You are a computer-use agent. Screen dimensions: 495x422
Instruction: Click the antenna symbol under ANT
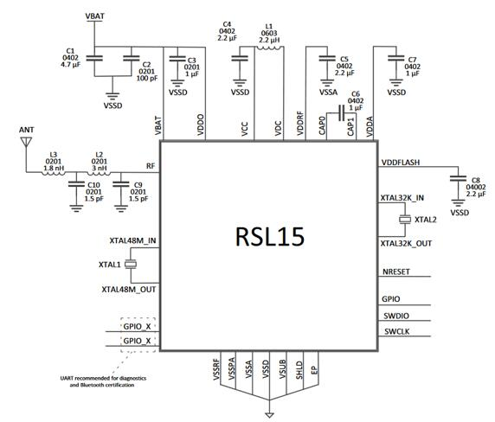pyautogui.click(x=26, y=142)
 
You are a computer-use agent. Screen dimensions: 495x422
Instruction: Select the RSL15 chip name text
pyautogui.click(x=270, y=237)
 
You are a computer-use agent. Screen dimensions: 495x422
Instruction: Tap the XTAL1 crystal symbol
pyautogui.click(x=131, y=265)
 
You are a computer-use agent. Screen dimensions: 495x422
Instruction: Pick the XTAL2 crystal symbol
pyautogui.click(x=405, y=220)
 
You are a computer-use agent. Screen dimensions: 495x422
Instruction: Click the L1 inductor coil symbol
pyautogui.click(x=269, y=48)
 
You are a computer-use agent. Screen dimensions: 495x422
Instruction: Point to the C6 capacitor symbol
pyautogui.click(x=341, y=113)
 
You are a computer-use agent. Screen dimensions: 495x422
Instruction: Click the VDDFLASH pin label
pyautogui.click(x=401, y=163)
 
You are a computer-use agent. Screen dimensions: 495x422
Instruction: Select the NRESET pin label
pyautogui.click(x=396, y=272)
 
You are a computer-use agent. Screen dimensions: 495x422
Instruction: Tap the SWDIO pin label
pyautogui.click(x=396, y=316)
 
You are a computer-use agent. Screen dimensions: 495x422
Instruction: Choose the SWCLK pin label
pyautogui.click(x=397, y=331)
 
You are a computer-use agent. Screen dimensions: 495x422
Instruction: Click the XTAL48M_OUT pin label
pyautogui.click(x=129, y=289)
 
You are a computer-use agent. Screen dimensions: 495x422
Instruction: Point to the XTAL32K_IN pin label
pyautogui.click(x=402, y=198)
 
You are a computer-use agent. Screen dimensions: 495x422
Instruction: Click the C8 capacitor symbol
pyautogui.click(x=458, y=178)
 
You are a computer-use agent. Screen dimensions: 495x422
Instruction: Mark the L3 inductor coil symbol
pyautogui.click(x=54, y=173)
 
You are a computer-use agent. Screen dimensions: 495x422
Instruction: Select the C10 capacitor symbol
pyautogui.click(x=76, y=184)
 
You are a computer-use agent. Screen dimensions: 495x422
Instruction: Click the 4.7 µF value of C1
pyautogui.click(x=70, y=65)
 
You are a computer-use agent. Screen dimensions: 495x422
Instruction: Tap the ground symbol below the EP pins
pyautogui.click(x=269, y=415)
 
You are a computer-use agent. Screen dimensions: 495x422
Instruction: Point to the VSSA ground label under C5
pyautogui.click(x=328, y=92)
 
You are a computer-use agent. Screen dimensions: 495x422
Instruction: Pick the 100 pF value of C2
pyautogui.click(x=147, y=78)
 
